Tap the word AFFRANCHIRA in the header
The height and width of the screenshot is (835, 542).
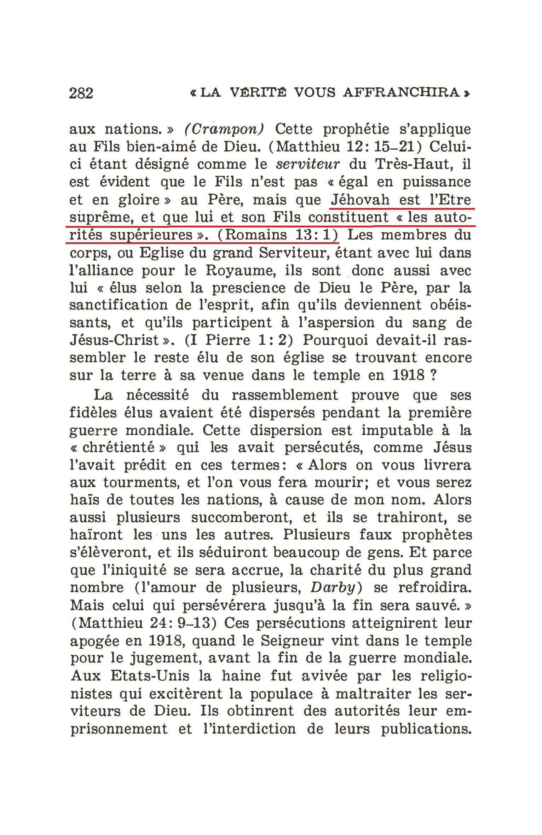coord(402,93)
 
